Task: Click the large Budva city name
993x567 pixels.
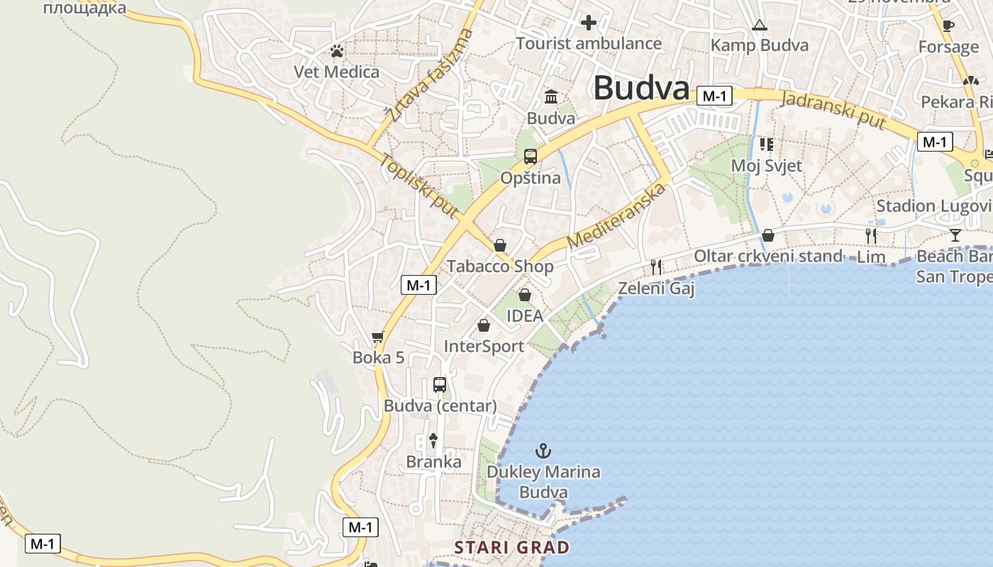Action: tap(641, 89)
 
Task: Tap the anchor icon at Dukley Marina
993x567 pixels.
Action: tap(543, 450)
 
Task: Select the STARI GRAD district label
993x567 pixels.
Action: tap(511, 547)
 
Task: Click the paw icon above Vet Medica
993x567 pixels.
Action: tap(337, 51)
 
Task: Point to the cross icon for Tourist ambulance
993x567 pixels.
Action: tap(589, 23)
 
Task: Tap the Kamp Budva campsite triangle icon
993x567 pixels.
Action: tap(760, 26)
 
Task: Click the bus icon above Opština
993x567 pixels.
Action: tap(531, 157)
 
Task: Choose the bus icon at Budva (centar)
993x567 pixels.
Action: tap(440, 385)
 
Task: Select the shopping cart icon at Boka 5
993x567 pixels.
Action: tap(378, 337)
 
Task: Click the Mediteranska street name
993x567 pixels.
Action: tap(617, 215)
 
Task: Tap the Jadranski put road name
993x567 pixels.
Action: tap(833, 110)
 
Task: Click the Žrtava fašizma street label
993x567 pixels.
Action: tap(429, 75)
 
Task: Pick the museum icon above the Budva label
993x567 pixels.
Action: tap(551, 96)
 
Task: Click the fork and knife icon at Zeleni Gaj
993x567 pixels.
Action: tap(656, 266)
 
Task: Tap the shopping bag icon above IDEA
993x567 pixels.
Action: tap(525, 294)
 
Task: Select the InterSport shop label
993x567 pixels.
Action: tap(484, 346)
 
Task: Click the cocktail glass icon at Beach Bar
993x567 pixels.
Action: tap(955, 235)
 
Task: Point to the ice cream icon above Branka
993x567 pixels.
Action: tap(433, 440)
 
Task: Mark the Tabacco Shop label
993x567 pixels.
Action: tap(500, 266)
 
